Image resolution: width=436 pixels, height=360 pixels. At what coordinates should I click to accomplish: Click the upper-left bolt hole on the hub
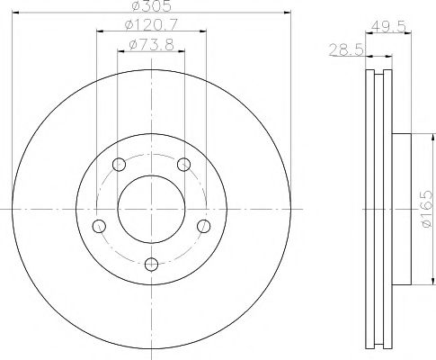(119, 164)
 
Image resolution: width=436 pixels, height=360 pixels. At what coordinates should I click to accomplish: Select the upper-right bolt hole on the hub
(184, 164)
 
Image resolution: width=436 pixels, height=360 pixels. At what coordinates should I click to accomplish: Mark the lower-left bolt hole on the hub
(99, 225)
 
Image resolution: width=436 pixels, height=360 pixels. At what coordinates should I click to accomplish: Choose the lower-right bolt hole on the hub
(204, 225)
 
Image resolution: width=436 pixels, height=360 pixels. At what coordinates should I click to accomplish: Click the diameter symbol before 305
(135, 8)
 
